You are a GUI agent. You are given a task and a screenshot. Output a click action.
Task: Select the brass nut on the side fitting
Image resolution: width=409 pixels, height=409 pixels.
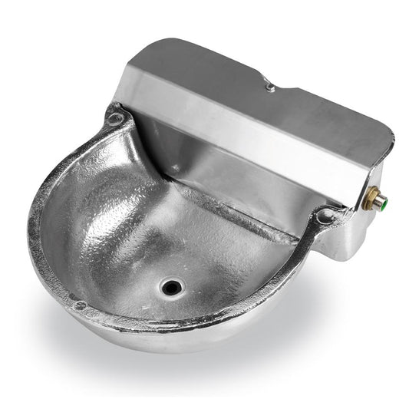point(373,197)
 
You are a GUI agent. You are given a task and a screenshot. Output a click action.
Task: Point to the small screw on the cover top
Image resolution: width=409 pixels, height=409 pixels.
point(270,88)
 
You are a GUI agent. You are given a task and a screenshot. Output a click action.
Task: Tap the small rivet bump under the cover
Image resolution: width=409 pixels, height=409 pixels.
point(176,168)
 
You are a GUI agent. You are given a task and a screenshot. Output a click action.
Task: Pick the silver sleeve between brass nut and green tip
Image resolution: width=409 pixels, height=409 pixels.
point(380,201)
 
